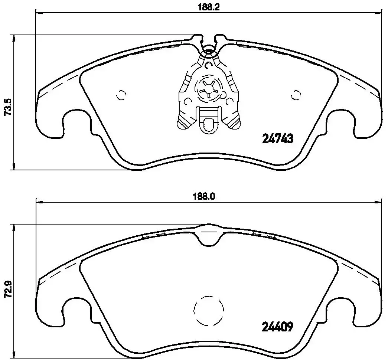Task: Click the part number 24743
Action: click(278, 139)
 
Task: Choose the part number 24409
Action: click(278, 327)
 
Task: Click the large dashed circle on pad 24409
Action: click(209, 311)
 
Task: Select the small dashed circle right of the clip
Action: click(296, 95)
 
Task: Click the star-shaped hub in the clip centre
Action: click(209, 89)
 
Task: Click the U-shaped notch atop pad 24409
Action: click(209, 238)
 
